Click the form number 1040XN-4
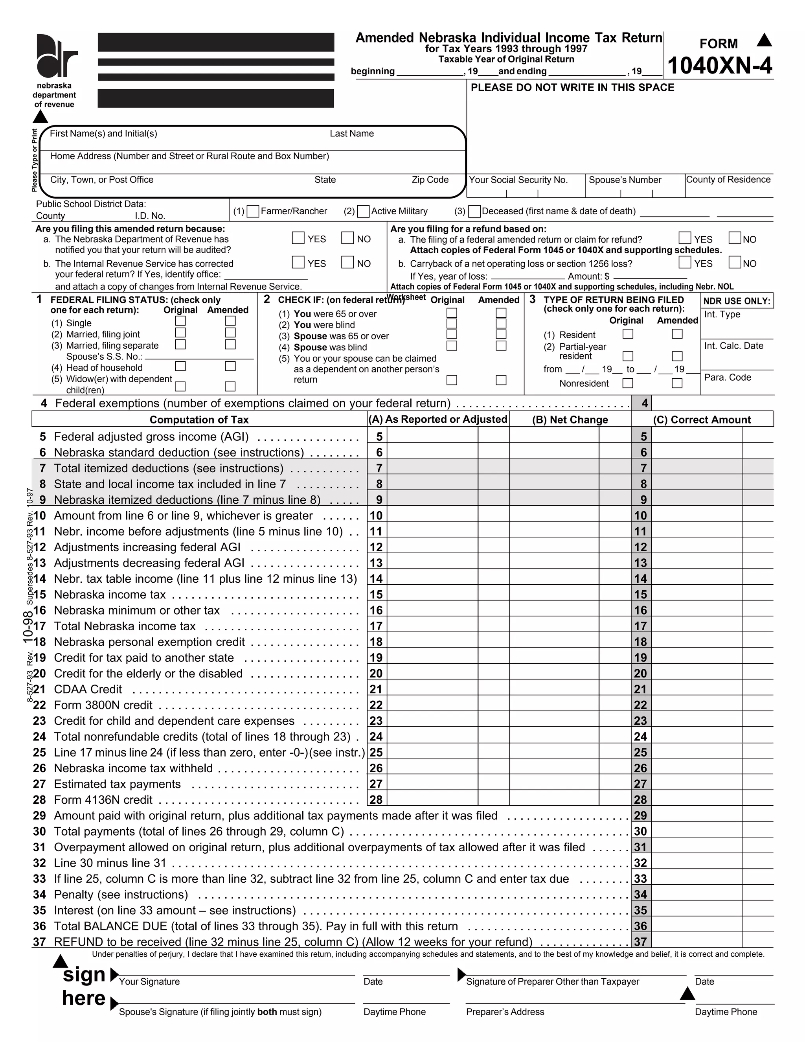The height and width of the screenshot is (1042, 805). point(719,65)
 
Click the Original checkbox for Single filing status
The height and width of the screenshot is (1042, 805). point(180,321)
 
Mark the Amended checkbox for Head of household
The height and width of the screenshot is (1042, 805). point(230,366)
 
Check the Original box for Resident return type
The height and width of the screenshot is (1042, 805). point(628,334)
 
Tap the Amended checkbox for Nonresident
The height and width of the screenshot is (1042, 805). point(677,383)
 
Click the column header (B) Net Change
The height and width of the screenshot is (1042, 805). point(570,420)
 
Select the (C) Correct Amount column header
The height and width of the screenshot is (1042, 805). point(702,420)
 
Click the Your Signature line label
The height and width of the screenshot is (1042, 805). point(149,981)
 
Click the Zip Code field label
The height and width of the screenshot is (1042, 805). point(430,180)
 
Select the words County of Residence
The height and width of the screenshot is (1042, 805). point(728,179)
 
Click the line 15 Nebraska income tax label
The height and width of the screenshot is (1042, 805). point(110,595)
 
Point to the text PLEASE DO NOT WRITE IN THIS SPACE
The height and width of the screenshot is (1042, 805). point(572,88)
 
